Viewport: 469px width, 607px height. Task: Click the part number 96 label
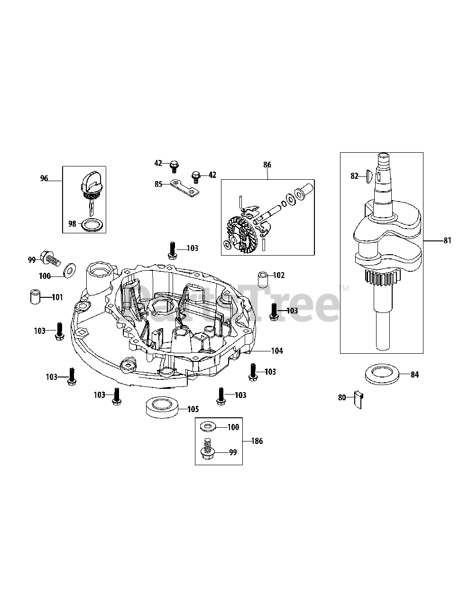coord(44,179)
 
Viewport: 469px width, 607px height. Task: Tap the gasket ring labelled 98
coord(91,224)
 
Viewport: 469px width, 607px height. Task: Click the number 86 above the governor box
coord(267,165)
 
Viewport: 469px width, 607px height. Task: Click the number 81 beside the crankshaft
coord(447,241)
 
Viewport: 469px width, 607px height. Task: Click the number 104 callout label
coord(277,351)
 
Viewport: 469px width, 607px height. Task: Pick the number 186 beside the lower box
coord(257,441)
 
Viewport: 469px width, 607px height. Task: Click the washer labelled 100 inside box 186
coord(207,427)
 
